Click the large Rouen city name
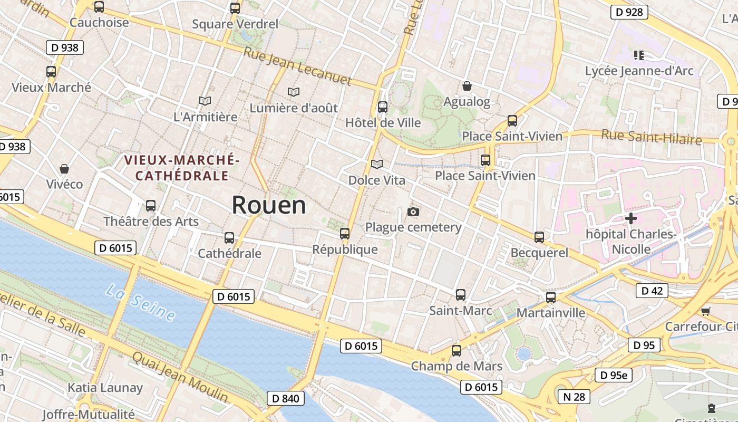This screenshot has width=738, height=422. pos(269,205)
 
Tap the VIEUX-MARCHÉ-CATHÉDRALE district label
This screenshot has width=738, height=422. pos(182,167)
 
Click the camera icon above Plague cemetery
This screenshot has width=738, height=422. pos(413,212)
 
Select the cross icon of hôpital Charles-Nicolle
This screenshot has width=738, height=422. pos(630,218)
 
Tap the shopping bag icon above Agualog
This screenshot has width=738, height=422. pos(467,86)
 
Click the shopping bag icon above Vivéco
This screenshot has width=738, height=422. pos(64,169)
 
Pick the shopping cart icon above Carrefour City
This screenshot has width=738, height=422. pos(705,311)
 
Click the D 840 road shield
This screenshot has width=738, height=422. pos(286,398)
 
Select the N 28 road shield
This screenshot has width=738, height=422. pos(574,397)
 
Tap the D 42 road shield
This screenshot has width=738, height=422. pos(652,291)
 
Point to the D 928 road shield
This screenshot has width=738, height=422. pos(629,12)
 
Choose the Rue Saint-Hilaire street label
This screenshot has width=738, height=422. pos(652,137)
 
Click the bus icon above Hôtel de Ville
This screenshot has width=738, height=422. pos(383,107)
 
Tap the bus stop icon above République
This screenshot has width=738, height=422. pos(345,233)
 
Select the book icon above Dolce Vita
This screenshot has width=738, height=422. pos(376,165)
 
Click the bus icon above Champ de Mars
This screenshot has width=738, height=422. pos(457,350)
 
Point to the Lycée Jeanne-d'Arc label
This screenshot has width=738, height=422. pos(639,71)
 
